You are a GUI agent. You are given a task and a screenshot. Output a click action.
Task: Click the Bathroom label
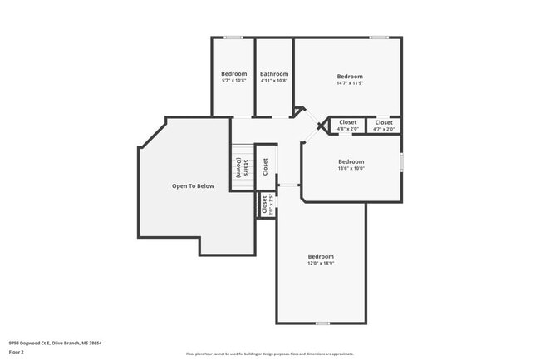(274, 73)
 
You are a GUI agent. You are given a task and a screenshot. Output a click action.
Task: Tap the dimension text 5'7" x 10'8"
(233, 81)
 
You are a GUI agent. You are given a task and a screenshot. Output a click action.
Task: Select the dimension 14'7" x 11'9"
(350, 83)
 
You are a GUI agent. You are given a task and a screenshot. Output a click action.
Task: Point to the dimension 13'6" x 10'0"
(351, 169)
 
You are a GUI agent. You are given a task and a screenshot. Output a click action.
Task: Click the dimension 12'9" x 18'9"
(321, 264)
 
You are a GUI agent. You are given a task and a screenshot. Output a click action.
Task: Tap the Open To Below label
(193, 186)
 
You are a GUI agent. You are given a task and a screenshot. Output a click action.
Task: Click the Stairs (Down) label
(242, 166)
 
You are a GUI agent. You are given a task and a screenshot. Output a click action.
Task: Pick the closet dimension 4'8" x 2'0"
(347, 129)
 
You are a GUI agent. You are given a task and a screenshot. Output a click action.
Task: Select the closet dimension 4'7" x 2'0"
(384, 129)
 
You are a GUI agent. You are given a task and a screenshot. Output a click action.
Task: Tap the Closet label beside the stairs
(265, 166)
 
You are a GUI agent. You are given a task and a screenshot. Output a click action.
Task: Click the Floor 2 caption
(17, 352)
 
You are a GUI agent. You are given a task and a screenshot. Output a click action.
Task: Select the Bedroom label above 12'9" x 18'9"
(321, 256)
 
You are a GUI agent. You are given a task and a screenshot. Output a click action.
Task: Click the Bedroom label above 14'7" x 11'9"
(350, 77)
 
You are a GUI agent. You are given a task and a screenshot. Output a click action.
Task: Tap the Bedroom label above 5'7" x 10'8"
(233, 73)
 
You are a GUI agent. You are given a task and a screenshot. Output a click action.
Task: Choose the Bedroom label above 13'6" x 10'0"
(351, 161)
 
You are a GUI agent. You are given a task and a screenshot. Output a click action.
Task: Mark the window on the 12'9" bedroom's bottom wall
(322, 324)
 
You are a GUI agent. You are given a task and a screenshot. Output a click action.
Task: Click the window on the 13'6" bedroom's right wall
(401, 162)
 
